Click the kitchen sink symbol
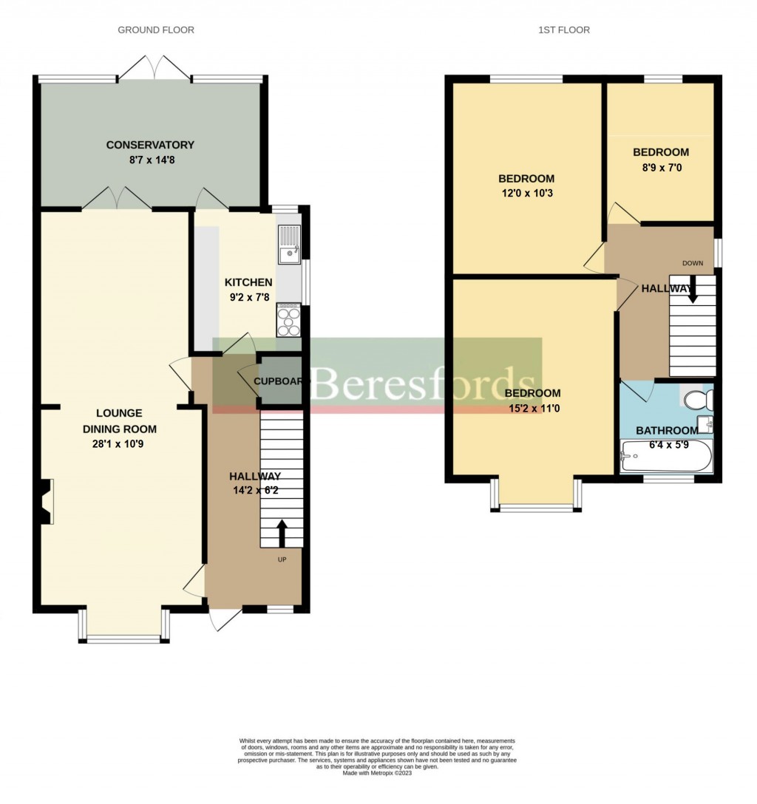(288, 245)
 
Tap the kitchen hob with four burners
(288, 320)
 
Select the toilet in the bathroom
(697, 401)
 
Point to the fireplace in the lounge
(47, 502)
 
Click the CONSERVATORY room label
(149, 145)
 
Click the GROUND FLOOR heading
(156, 30)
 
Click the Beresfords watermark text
(414, 382)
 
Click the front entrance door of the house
(224, 619)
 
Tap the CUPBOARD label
(279, 381)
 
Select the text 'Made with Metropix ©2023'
(378, 773)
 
